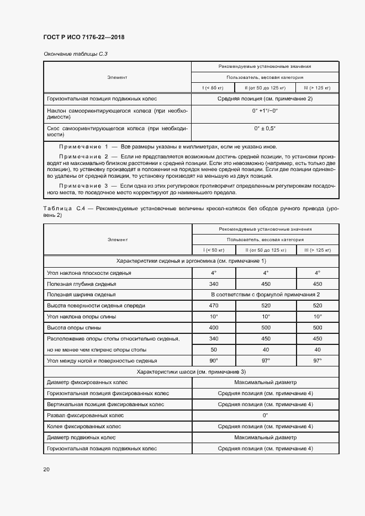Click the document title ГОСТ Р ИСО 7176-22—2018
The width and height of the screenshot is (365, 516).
click(84, 37)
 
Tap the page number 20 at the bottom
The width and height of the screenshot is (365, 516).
click(46, 469)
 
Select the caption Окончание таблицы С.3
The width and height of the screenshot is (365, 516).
click(71, 54)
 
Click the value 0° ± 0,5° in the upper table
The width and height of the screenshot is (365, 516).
click(265, 129)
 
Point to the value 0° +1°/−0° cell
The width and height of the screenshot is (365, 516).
click(265, 110)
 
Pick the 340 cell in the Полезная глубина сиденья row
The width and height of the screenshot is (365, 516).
click(214, 284)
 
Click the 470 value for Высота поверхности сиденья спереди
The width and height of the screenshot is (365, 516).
click(214, 305)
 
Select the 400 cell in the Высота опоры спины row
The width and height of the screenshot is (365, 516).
click(214, 327)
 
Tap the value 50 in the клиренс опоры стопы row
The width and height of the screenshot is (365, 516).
click(214, 349)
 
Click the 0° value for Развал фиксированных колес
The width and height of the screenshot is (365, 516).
click(265, 415)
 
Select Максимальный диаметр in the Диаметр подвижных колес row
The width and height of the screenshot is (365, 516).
click(265, 437)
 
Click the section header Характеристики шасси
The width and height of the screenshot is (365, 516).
click(191, 371)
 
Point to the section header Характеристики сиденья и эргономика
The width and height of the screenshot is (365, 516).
click(191, 261)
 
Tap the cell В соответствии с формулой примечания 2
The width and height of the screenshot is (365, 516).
click(265, 295)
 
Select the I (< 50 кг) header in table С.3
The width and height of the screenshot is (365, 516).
click(214, 88)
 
